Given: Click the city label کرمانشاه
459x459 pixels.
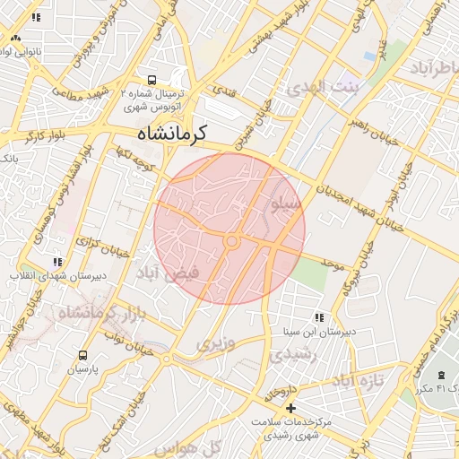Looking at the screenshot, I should click(172, 134).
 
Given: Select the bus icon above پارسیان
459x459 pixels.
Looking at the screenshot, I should click(83, 355).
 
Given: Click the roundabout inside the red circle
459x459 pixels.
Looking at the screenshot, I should click(231, 241).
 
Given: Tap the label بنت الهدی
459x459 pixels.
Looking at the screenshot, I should click(323, 88).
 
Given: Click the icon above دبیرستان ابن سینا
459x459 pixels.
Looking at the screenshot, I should click(319, 316).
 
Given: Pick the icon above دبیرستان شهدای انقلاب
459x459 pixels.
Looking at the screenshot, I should click(57, 262).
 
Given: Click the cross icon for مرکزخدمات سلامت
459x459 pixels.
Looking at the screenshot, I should click(289, 408).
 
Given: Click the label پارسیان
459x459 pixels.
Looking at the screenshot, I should click(82, 368).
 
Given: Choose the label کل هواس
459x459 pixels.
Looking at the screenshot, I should click(199, 446).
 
